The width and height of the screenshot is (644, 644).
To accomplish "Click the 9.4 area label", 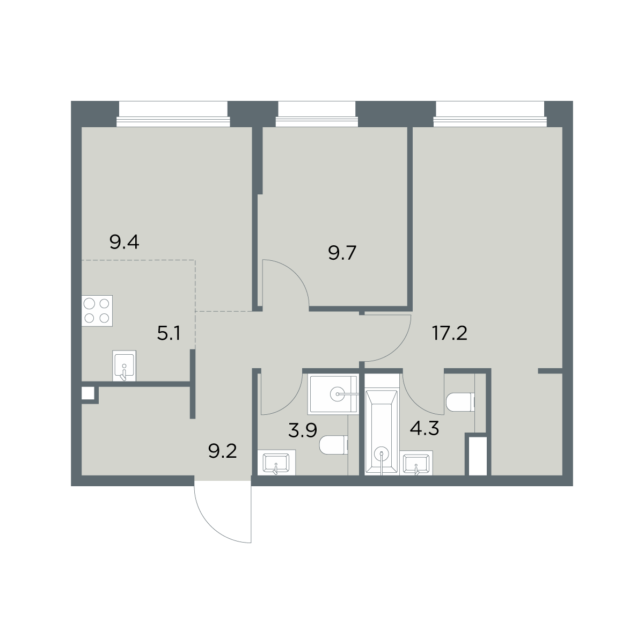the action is [x=124, y=242].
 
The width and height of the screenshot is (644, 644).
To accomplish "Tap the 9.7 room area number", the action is [x=342, y=253].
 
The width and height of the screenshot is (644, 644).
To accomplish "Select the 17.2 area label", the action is [x=450, y=333].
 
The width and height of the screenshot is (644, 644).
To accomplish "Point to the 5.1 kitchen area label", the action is [x=169, y=333].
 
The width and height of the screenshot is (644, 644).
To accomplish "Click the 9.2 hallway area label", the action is [x=222, y=451].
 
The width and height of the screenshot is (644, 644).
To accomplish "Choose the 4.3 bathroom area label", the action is [x=424, y=428].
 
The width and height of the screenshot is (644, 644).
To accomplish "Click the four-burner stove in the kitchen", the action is [x=97, y=311].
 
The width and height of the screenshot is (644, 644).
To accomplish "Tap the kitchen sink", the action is [x=125, y=365].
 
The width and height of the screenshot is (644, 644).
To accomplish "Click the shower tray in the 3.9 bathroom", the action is [x=333, y=394].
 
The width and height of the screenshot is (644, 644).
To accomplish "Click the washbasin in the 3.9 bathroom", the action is [x=276, y=463].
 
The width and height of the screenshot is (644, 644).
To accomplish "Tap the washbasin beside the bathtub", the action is [x=416, y=463].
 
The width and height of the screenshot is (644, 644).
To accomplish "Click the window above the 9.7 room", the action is [x=317, y=114].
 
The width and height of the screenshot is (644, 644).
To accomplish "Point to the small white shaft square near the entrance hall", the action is [x=88, y=393].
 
